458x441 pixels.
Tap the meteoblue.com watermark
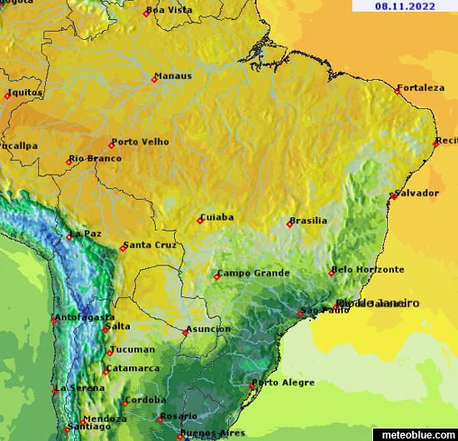point(417,434)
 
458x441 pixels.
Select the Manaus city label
point(175,76)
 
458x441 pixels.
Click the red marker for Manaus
point(154,80)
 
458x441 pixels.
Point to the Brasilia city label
point(308,220)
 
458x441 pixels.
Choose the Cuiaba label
point(217,217)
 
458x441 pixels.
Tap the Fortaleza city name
point(421,87)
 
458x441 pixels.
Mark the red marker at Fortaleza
point(397,91)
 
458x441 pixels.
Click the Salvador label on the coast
point(417,193)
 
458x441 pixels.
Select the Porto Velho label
point(140,141)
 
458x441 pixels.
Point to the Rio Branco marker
point(69,162)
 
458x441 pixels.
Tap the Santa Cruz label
point(150,245)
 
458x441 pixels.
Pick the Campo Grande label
point(254,273)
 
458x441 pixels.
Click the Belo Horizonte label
point(369,270)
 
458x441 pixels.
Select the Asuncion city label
point(209,329)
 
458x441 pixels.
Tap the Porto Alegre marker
point(253,386)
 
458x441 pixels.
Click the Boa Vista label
point(169,10)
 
